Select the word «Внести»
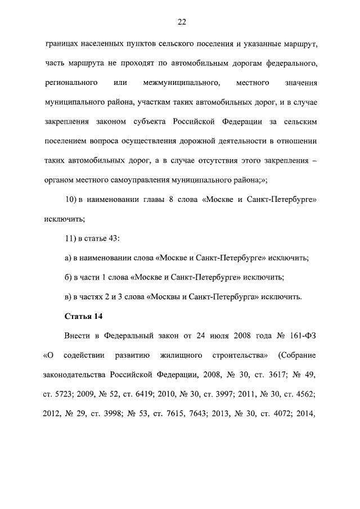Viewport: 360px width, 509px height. pos(78,336)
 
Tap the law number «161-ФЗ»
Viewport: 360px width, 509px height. pos(303,336)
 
